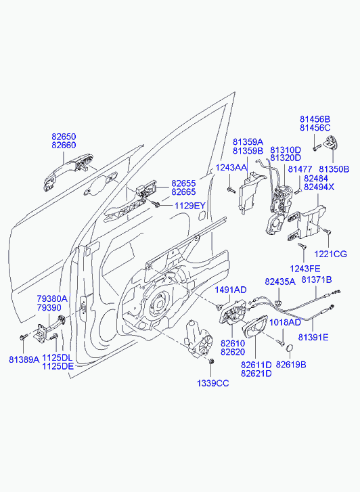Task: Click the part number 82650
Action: pos(64,137)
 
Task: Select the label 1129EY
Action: pos(190,206)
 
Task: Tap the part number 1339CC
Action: pos(212,383)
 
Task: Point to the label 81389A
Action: pos(24,359)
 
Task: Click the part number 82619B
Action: pos(291,365)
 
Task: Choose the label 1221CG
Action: pos(331,254)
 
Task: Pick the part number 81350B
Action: pos(334,169)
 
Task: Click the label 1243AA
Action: pos(231,168)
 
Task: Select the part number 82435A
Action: pos(280,282)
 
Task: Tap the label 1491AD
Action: pos(230,290)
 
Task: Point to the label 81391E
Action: pos(313,337)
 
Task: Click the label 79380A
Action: pos(52,298)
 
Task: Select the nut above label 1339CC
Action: pos(211,361)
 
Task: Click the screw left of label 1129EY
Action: pos(156,204)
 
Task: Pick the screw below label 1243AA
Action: pos(231,189)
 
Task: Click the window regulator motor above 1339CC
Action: pos(198,339)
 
